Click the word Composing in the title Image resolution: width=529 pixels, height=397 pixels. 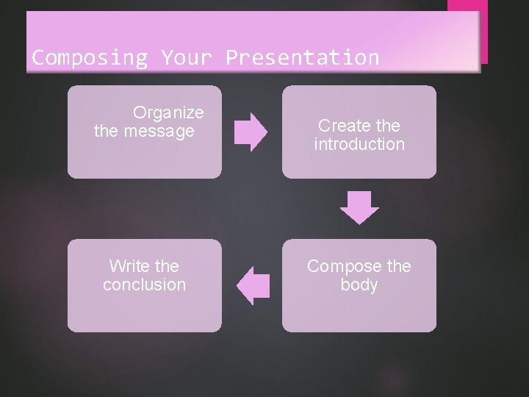[x=90, y=57]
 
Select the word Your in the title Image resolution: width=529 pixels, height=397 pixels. [x=187, y=57]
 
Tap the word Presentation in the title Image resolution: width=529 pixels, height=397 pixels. [x=303, y=57]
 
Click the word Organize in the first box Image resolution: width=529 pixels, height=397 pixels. [x=168, y=112]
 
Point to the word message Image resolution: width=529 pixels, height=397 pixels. [x=159, y=132]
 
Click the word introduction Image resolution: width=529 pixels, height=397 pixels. [x=359, y=144]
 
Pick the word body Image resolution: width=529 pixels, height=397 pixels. [x=359, y=285]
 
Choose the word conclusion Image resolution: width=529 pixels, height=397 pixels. [x=145, y=285]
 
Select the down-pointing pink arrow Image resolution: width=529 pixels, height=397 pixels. [x=359, y=207]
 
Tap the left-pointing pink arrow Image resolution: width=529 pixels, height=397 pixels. [x=254, y=285]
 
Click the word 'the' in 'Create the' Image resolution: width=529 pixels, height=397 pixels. [x=387, y=126]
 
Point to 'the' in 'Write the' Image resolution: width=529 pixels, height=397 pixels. [x=167, y=266]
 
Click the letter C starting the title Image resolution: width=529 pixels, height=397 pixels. [x=37, y=57]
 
